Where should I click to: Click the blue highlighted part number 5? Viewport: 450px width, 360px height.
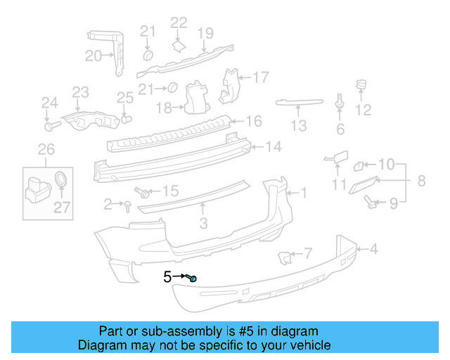[x=193, y=279]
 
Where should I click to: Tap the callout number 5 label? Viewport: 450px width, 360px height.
[x=167, y=277]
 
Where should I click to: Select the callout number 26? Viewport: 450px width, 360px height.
[x=46, y=149]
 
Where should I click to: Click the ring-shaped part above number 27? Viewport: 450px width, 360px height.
[x=62, y=179]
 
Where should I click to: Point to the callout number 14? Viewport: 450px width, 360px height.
[x=274, y=147]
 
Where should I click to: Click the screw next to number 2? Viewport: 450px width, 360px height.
[x=127, y=205]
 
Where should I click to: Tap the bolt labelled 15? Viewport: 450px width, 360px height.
[x=143, y=191]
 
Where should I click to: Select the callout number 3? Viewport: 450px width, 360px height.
[x=203, y=224]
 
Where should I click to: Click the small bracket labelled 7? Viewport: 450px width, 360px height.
[x=286, y=258]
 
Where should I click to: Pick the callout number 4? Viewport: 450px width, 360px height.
[x=373, y=247]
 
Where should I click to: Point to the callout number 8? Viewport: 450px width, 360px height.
[x=421, y=181]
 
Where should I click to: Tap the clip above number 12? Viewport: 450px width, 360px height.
[x=362, y=87]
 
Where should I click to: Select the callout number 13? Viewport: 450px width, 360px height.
[x=300, y=126]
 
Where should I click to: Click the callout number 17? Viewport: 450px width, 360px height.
[x=261, y=77]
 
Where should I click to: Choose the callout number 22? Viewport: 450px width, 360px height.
[x=179, y=23]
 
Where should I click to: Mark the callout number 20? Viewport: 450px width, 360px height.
[x=93, y=56]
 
